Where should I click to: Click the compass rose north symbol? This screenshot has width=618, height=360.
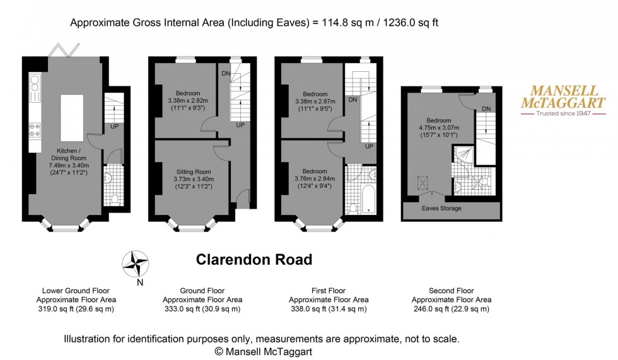tap(136, 265)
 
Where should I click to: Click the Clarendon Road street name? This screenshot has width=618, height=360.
tap(254, 259)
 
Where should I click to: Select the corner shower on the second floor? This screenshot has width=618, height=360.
tap(462, 155)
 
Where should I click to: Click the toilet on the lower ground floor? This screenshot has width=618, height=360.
tap(114, 199)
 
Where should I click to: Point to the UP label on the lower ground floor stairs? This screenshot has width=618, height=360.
tap(114, 126)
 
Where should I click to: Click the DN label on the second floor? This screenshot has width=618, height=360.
tap(486, 109)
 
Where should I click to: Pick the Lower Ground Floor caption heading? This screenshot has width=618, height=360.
tap(75, 291)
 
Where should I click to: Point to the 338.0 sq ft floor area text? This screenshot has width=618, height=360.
tap(329, 309)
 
